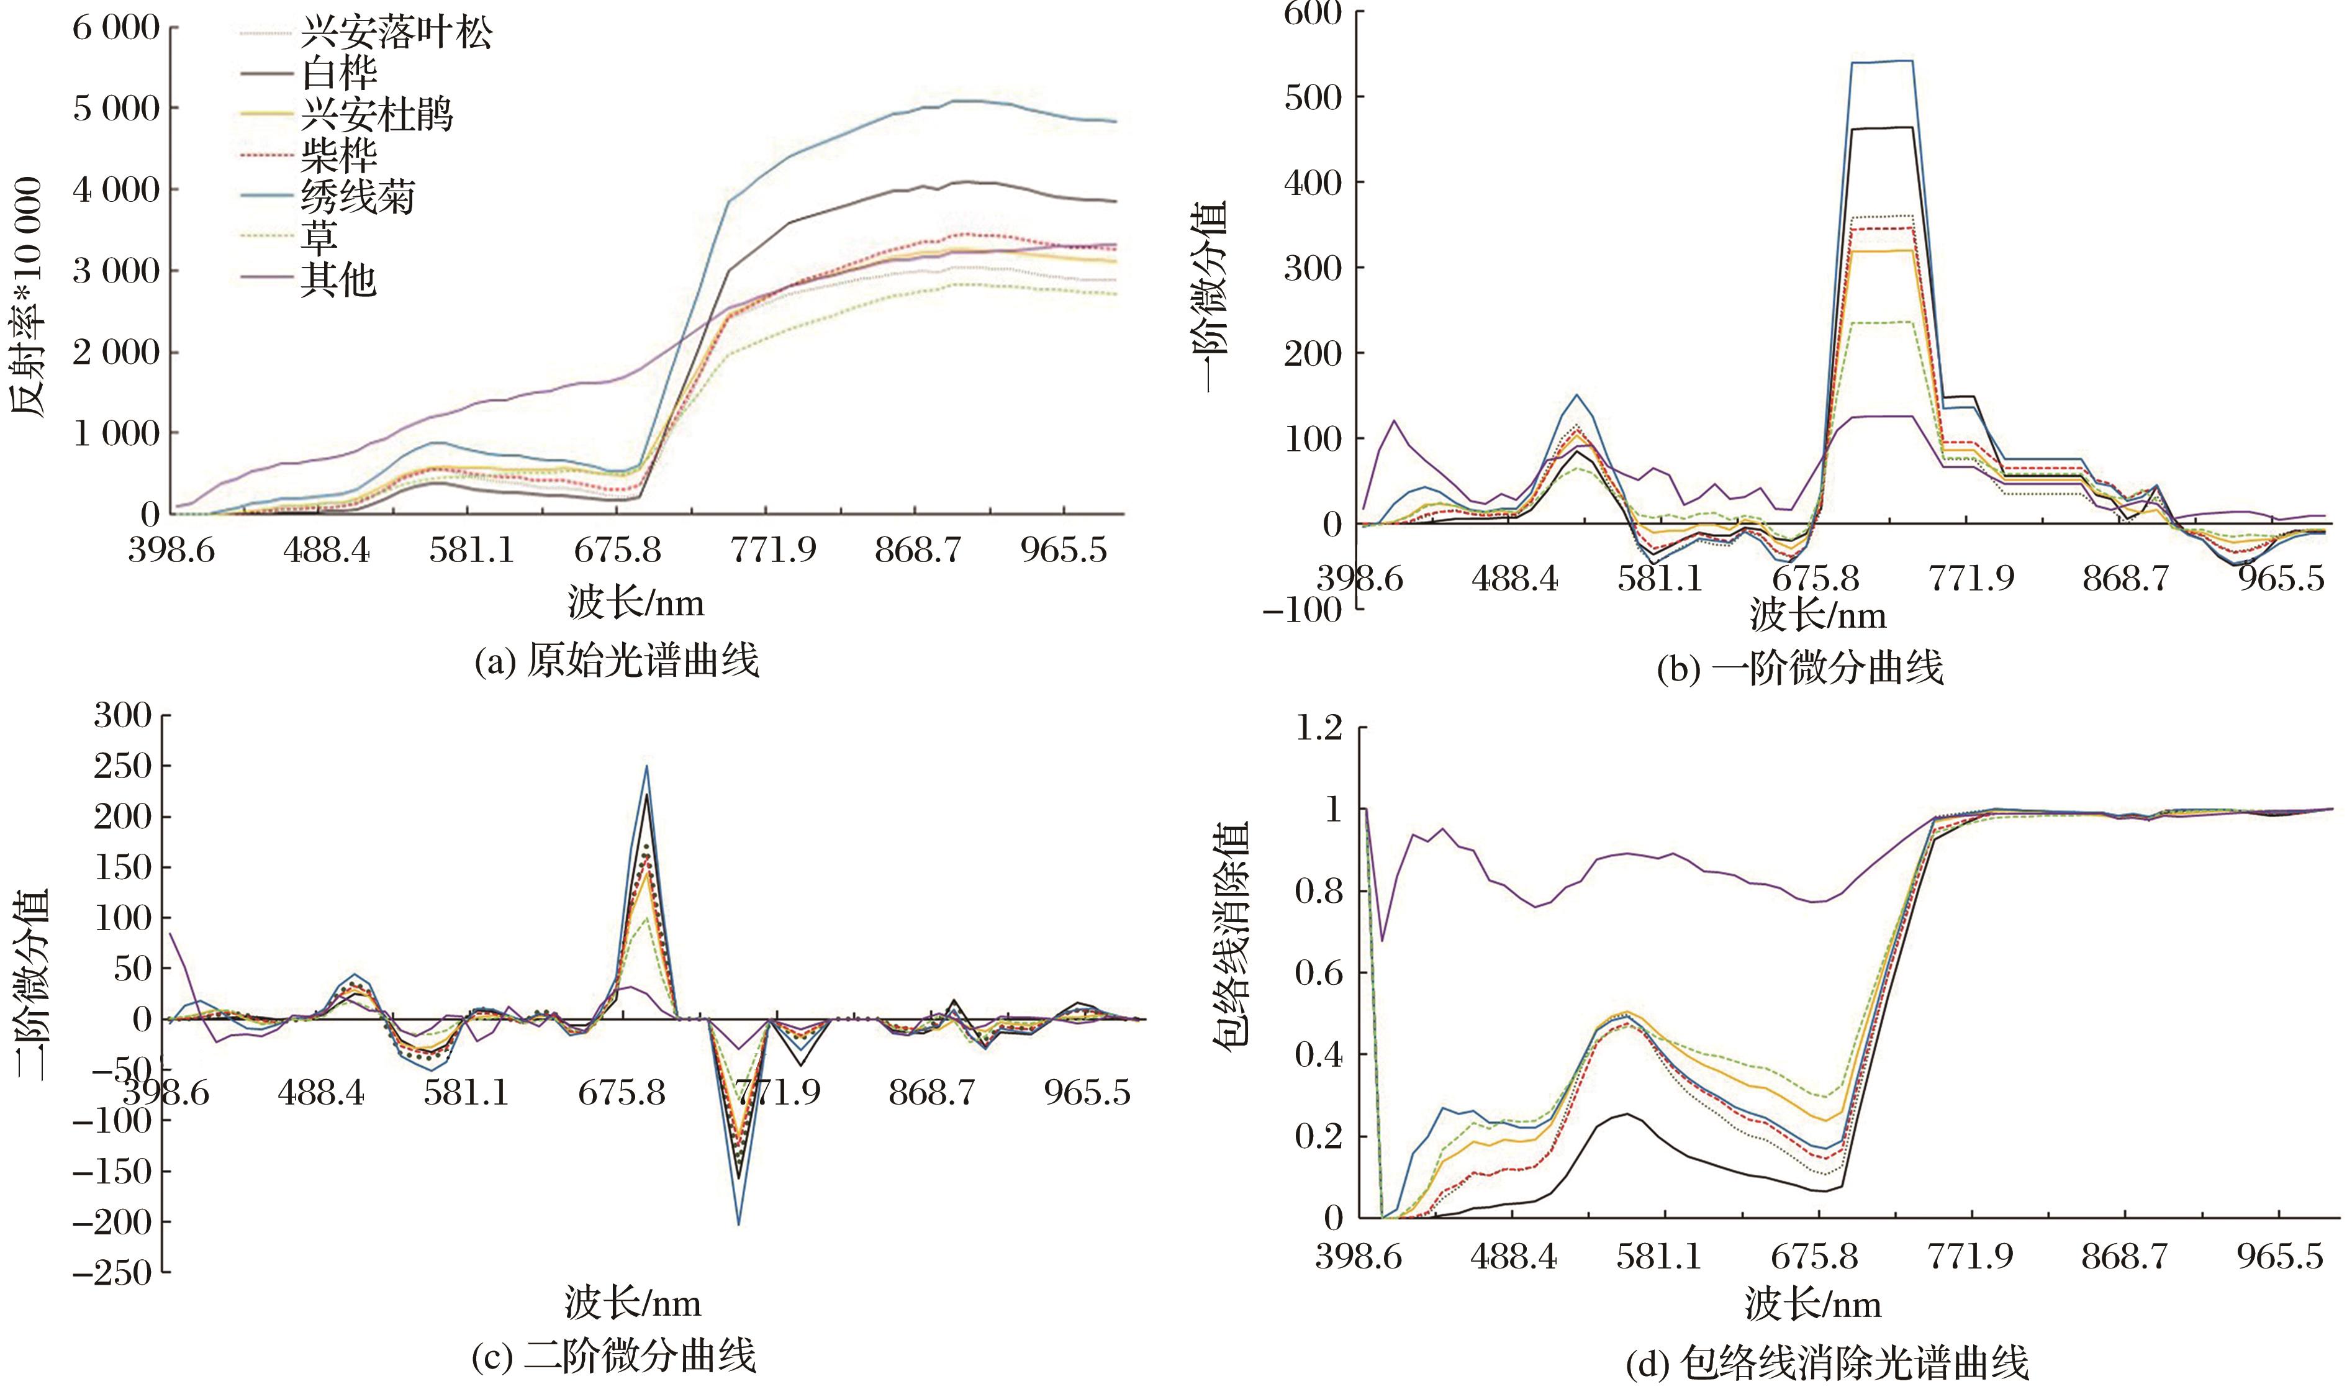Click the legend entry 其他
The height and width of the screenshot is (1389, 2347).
tap(338, 279)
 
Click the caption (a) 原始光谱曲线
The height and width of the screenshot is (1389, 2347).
tap(616, 661)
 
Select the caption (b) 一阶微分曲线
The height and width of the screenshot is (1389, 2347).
tap(1799, 668)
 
